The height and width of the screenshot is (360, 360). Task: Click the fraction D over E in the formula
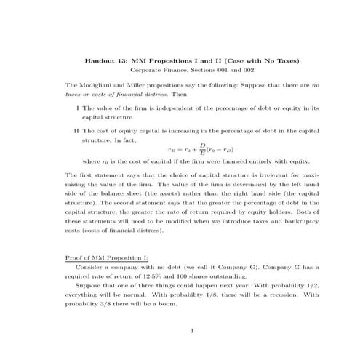point(202,149)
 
